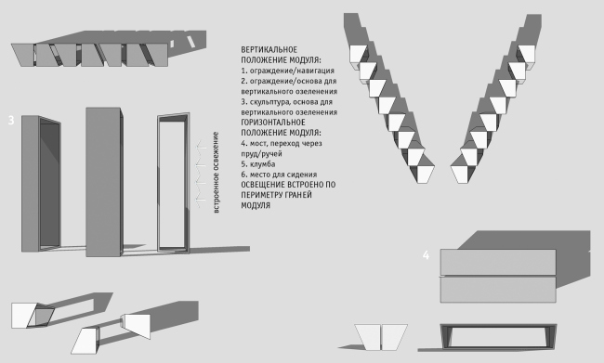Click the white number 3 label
click(x=11, y=121)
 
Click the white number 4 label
click(x=426, y=255)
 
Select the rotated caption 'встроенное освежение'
click(x=217, y=173)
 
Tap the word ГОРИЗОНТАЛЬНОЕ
click(x=273, y=123)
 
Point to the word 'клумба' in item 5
click(x=262, y=164)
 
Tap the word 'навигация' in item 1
click(x=316, y=71)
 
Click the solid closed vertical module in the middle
click(x=103, y=182)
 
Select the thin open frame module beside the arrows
click(x=173, y=183)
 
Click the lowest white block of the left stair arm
click(x=424, y=174)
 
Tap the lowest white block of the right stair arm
click(x=461, y=174)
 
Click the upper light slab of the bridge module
click(x=498, y=262)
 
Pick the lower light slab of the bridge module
click(x=498, y=290)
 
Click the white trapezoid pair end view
click(x=381, y=337)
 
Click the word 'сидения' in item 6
click(x=304, y=175)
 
